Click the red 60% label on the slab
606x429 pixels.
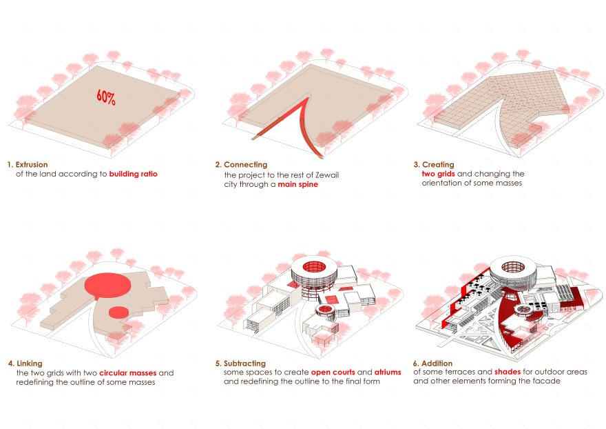(x=106, y=97)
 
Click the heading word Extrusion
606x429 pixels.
(x=32, y=165)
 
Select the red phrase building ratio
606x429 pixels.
(x=134, y=174)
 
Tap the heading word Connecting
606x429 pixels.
(x=245, y=165)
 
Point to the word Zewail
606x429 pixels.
(x=327, y=175)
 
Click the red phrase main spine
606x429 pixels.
(x=298, y=184)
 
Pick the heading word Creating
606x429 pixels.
(x=438, y=165)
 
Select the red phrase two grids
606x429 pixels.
(x=438, y=174)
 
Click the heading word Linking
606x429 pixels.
(x=30, y=363)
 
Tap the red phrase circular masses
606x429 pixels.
(x=128, y=373)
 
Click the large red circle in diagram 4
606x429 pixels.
(x=107, y=284)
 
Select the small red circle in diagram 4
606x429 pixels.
(x=118, y=312)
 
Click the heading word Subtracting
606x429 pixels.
(x=244, y=363)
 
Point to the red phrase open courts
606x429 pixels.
(x=333, y=372)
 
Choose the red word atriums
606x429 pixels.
(x=388, y=372)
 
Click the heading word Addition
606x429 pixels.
(x=437, y=363)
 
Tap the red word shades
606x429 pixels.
(x=508, y=372)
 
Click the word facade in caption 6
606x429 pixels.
(x=547, y=381)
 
